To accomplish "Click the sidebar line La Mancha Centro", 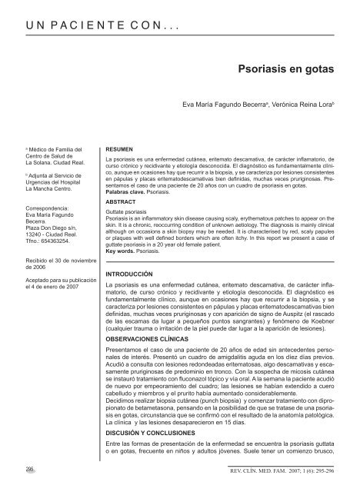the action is (x=45, y=188).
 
